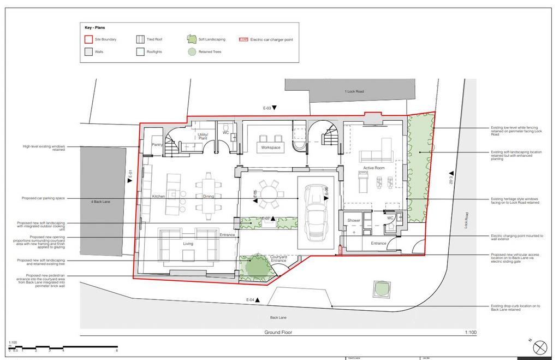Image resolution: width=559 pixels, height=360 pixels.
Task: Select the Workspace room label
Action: pyautogui.click(x=270, y=147)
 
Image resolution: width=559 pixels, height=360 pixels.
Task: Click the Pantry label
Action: pyautogui.click(x=158, y=145)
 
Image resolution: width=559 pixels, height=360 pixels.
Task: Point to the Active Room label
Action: pyautogui.click(x=374, y=168)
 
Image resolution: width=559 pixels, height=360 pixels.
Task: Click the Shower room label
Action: pyautogui.click(x=354, y=220)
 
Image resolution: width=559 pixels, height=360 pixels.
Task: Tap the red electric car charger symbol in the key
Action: pyautogui.click(x=244, y=39)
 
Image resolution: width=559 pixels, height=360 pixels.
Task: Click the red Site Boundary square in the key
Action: pyautogui.click(x=88, y=39)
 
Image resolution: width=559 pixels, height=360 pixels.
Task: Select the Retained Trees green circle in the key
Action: pyautogui.click(x=191, y=52)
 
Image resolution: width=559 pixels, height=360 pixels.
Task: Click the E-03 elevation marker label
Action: pyautogui.click(x=267, y=108)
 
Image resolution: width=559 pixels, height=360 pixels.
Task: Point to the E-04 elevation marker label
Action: pyautogui.click(x=251, y=299)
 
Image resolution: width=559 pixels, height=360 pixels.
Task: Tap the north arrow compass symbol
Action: pyautogui.click(x=539, y=347)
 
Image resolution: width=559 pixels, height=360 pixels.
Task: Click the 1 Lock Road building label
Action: pyautogui.click(x=354, y=91)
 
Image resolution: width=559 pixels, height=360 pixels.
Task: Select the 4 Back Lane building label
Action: pyautogui.click(x=101, y=202)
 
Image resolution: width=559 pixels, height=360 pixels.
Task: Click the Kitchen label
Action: pyautogui.click(x=159, y=196)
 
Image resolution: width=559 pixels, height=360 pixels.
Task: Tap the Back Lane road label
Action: pyautogui.click(x=278, y=317)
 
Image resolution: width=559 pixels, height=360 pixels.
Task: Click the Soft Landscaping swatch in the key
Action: pyautogui.click(x=191, y=39)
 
